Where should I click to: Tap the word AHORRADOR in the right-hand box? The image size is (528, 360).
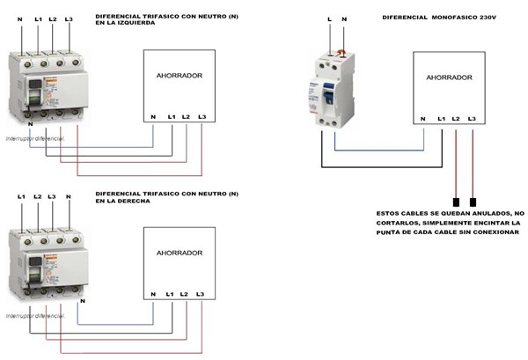pyautogui.click(x=449, y=77)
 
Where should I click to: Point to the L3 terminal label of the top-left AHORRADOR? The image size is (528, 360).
pyautogui.click(x=202, y=117)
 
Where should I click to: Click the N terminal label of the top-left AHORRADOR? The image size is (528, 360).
pyautogui.click(x=153, y=117)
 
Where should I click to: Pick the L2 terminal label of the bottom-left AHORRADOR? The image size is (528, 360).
pyautogui.click(x=183, y=294)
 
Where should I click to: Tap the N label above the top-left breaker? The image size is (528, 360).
pyautogui.click(x=20, y=18)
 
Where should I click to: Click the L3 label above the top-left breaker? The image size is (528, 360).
pyautogui.click(x=70, y=18)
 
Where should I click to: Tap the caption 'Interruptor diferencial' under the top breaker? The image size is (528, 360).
pyautogui.click(x=35, y=139)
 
